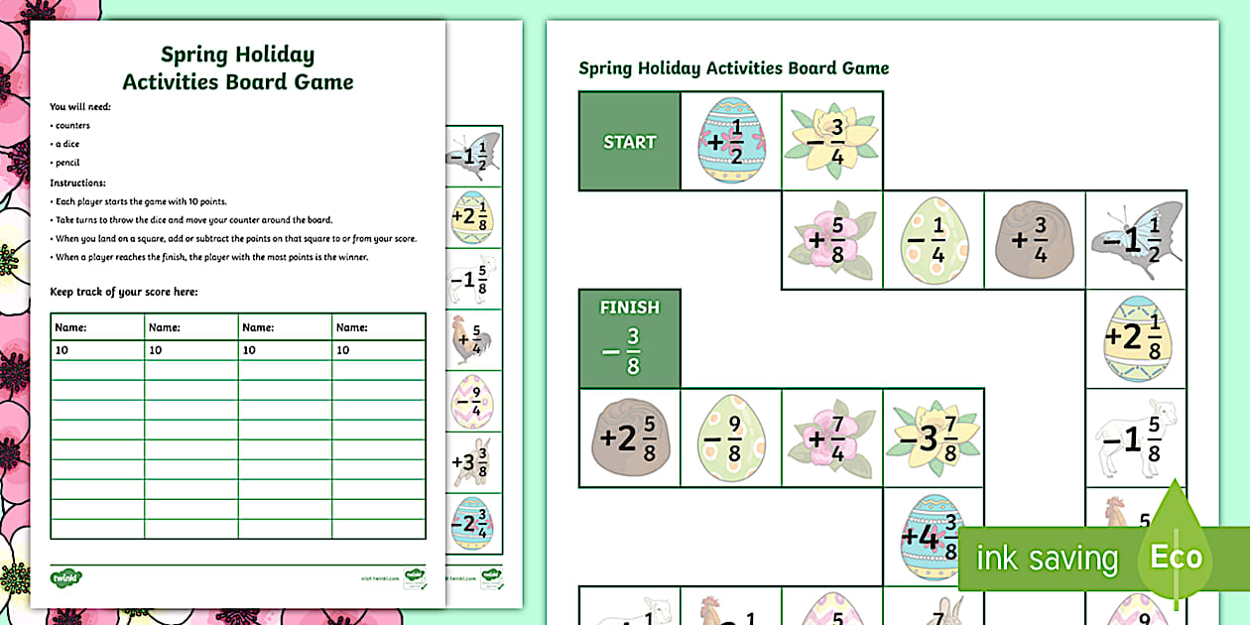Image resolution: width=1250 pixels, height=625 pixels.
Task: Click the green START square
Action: click(629, 142)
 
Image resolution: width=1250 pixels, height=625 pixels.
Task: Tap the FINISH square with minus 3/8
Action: click(629, 338)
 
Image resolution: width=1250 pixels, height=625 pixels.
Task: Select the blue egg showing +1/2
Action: click(730, 141)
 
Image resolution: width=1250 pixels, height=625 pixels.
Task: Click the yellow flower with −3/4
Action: click(831, 141)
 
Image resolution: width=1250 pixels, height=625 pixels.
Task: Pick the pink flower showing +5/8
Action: click(831, 241)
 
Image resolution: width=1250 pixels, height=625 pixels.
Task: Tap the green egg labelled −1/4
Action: click(933, 241)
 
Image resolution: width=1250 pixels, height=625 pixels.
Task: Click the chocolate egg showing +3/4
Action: click(1034, 241)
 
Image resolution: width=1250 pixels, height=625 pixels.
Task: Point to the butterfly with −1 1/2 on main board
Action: click(1136, 241)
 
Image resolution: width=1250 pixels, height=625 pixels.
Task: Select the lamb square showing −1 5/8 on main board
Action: click(1136, 438)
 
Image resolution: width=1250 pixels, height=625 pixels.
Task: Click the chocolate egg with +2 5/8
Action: click(629, 438)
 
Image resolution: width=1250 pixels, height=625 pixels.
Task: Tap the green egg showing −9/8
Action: click(730, 438)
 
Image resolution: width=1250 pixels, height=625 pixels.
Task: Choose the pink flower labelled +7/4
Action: click(831, 438)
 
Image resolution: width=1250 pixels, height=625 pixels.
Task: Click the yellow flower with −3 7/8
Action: click(933, 438)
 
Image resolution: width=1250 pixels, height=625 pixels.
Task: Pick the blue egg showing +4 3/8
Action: click(933, 537)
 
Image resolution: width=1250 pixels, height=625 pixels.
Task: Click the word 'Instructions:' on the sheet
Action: click(78, 183)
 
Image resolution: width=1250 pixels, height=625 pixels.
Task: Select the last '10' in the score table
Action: click(343, 350)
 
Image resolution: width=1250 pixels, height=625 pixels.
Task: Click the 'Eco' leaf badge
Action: click(1176, 556)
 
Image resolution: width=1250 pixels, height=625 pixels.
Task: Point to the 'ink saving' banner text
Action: click(1047, 559)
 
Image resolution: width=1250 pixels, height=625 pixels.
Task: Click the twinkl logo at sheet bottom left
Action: click(66, 577)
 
